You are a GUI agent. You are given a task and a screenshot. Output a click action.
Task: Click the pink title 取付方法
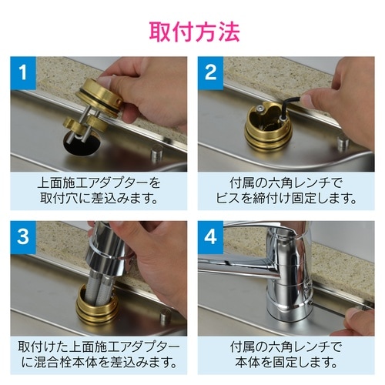(x=192, y=32)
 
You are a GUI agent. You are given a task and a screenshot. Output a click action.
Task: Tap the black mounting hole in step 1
(x=76, y=143)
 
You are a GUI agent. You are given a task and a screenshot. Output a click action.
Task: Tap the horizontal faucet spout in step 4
(x=239, y=266)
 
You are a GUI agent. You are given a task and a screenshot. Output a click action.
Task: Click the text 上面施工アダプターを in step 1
(x=99, y=183)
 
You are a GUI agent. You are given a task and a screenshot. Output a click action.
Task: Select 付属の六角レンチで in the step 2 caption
(x=286, y=183)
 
